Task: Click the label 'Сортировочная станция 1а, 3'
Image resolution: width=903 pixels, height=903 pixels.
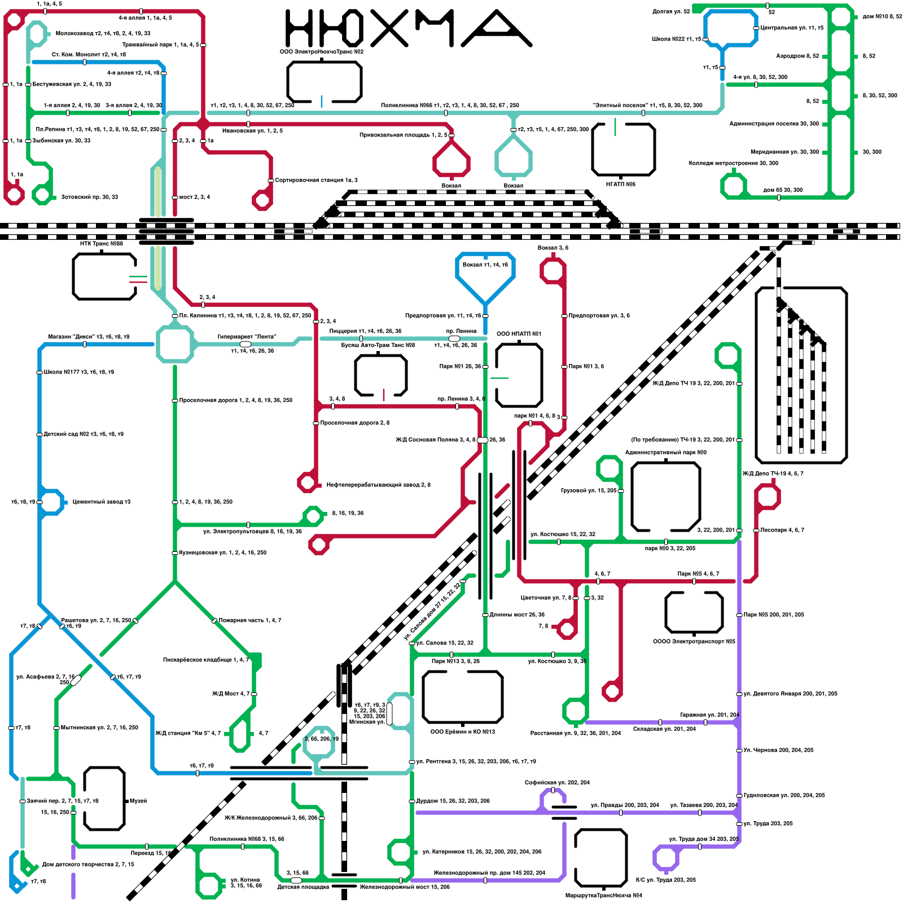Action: (x=316, y=180)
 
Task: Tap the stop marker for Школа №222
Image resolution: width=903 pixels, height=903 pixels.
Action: (x=705, y=39)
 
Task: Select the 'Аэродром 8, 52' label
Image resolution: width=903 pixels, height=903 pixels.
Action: (x=797, y=56)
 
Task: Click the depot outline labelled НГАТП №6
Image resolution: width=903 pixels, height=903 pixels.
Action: (x=623, y=150)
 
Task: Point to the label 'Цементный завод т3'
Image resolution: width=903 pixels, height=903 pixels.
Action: (x=101, y=502)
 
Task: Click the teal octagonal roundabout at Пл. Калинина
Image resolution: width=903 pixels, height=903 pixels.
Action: (x=175, y=343)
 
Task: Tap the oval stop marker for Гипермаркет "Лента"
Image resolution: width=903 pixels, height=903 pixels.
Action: (x=246, y=344)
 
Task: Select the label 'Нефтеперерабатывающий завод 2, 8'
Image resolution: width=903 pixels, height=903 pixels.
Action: (x=378, y=485)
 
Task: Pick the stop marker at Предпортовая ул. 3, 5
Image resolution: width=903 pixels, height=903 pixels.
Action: (x=564, y=316)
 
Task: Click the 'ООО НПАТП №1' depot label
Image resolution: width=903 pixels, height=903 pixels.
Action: (x=519, y=334)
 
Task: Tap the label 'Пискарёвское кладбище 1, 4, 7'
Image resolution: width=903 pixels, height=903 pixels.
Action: (x=205, y=660)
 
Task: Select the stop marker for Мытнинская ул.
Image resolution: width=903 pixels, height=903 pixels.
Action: (x=56, y=728)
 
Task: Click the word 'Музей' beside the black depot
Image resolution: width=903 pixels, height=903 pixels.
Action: (x=138, y=801)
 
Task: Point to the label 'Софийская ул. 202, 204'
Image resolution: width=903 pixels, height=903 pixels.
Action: (x=557, y=782)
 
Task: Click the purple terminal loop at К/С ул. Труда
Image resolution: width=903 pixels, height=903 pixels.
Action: (x=666, y=858)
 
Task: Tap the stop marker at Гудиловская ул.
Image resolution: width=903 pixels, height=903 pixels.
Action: (x=739, y=796)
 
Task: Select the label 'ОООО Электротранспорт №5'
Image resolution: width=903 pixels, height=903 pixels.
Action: (x=694, y=642)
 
